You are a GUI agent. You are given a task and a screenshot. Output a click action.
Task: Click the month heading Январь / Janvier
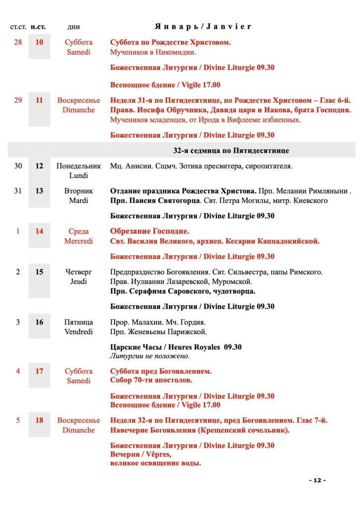pyautogui.click(x=203, y=26)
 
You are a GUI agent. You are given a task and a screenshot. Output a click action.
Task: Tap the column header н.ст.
pyautogui.click(x=39, y=26)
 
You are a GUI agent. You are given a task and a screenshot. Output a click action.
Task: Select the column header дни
pyautogui.click(x=73, y=27)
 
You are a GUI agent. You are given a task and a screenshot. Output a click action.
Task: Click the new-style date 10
pyautogui.click(x=39, y=42)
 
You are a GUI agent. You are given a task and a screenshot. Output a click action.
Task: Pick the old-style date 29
pyautogui.click(x=18, y=100)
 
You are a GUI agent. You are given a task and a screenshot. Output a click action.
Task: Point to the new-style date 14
pyautogui.click(x=39, y=231)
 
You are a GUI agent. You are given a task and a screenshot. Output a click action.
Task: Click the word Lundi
pyautogui.click(x=79, y=175)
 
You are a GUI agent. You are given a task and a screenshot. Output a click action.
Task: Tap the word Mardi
pyautogui.click(x=79, y=200)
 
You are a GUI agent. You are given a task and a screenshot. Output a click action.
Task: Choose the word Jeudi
pyautogui.click(x=79, y=281)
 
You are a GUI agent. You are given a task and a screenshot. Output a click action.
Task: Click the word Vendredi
pyautogui.click(x=79, y=332)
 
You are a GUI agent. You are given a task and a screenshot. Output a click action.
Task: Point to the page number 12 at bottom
pyautogui.click(x=317, y=480)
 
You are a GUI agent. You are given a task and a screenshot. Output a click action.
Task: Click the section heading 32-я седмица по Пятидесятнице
pyautogui.click(x=231, y=150)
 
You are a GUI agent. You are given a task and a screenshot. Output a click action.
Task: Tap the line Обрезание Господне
pyautogui.click(x=150, y=231)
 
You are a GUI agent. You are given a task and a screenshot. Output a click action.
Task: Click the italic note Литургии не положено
pyautogui.click(x=150, y=356)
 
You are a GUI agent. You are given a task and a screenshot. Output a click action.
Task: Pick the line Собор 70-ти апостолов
pyautogui.click(x=151, y=380)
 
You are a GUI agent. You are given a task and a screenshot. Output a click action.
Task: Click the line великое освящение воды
pyautogui.click(x=156, y=463)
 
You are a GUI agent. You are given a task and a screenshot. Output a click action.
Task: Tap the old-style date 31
pyautogui.click(x=18, y=191)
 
